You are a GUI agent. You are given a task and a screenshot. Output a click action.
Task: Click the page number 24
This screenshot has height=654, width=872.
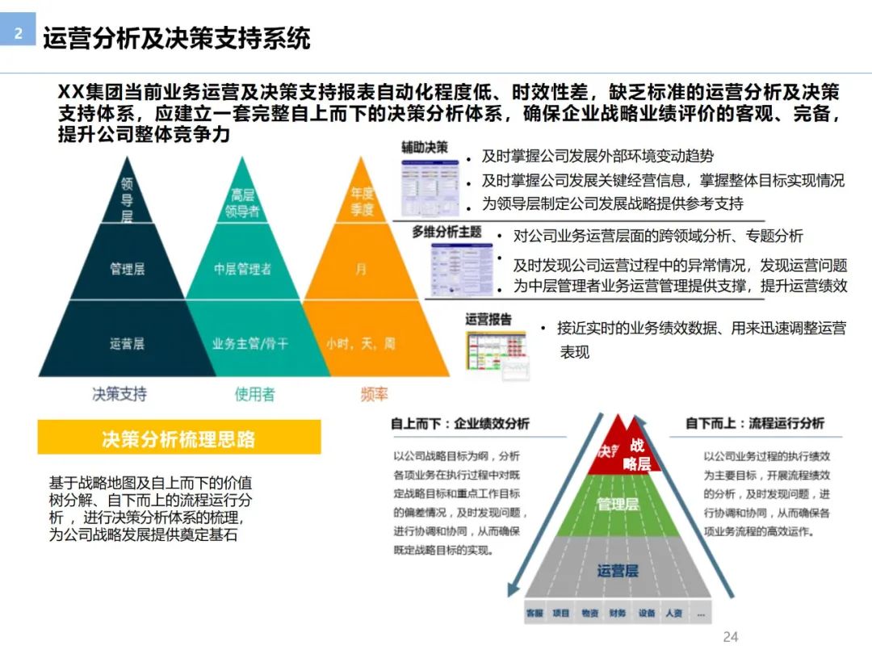pos(730,636)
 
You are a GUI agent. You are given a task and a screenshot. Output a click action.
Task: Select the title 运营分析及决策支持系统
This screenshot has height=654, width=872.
pos(176,38)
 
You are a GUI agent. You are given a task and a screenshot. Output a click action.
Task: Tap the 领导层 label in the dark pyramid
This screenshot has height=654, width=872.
pos(127,199)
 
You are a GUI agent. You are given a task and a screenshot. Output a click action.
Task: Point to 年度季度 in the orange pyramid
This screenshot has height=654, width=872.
pos(362,202)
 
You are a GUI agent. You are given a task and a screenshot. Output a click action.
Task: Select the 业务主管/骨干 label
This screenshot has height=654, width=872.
pos(249,344)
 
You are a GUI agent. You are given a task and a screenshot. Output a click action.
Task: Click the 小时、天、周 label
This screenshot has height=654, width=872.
pos(361,344)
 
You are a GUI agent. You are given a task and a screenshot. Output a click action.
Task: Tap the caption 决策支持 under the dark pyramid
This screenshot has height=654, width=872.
pos(119,394)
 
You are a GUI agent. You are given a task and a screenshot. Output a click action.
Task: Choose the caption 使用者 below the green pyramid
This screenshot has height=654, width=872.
pos(254,394)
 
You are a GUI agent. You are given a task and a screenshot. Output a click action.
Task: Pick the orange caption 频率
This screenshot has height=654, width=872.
pos(374,394)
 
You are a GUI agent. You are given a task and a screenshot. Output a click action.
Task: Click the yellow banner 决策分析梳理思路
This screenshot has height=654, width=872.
pos(178,438)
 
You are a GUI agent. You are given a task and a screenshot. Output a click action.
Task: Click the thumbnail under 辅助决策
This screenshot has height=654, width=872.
pos(429,187)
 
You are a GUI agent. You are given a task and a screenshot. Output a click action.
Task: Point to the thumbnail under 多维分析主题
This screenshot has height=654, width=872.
pos(461,268)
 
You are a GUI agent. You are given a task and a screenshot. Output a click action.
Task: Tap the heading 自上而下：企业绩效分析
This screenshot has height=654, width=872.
pos(460,423)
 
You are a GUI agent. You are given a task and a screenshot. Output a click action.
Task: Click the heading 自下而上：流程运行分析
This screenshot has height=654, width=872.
pos(755,423)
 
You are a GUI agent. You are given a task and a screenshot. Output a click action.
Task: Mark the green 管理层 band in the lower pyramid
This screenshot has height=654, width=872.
pos(618,505)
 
